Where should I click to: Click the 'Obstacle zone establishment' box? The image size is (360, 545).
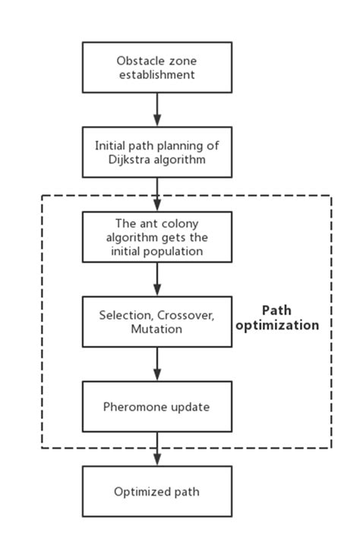156,68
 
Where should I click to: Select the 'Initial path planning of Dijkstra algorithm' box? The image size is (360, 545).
156,152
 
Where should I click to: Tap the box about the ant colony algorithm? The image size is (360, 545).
156,237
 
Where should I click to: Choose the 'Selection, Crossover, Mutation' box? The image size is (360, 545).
156,322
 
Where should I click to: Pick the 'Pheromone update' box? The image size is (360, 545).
156,407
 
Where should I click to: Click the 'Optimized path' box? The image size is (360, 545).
156,492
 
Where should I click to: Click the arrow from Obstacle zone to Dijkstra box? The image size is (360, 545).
157,109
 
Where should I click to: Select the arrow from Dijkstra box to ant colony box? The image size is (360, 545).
157,194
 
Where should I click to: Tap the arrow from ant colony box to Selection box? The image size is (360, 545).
157,279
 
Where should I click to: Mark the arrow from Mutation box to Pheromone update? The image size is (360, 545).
157,364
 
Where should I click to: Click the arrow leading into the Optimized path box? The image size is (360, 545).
157,449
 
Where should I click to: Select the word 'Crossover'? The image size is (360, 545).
179,315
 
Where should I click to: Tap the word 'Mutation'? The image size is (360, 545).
156,329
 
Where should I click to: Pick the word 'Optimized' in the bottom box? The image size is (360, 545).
140,492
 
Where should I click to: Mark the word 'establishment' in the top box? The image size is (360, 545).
156,74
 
